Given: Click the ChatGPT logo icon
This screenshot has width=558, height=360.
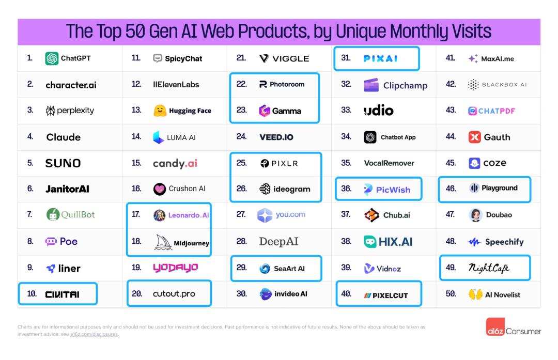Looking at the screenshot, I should click(x=52, y=58).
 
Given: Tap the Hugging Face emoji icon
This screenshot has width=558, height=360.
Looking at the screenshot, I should click(x=160, y=111).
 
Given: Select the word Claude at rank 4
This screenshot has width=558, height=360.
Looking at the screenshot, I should click(x=64, y=137).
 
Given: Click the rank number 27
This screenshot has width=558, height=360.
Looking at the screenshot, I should click(x=241, y=215).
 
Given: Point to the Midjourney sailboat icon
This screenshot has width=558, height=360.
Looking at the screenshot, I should click(x=162, y=242).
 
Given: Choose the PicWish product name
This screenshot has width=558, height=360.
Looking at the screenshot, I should click(x=393, y=190).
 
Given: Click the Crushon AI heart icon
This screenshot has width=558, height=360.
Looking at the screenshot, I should click(x=160, y=189).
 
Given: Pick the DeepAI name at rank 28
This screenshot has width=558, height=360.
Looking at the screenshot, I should click(x=278, y=241).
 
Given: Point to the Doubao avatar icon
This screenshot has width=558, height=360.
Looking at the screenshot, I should click(x=475, y=215).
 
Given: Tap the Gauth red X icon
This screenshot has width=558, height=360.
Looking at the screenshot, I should click(x=474, y=137).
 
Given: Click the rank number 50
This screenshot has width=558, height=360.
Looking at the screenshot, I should click(x=451, y=294).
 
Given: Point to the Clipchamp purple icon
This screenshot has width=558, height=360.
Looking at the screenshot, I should click(x=371, y=85).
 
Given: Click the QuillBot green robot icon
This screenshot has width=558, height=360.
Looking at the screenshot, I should click(x=53, y=215).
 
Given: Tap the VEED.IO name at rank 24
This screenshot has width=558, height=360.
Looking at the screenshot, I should click(x=276, y=137).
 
